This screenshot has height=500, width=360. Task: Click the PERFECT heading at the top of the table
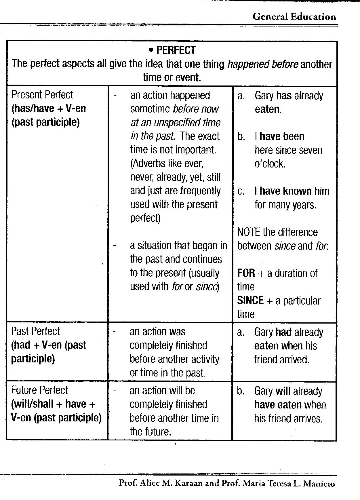[176, 50]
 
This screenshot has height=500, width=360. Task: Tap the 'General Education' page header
[294, 17]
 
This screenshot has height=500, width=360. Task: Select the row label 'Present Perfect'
[42, 95]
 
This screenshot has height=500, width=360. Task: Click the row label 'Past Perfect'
[35, 331]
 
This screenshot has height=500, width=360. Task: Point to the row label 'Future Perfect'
[39, 390]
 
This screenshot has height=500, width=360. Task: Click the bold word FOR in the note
[246, 273]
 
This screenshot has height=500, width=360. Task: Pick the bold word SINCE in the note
[250, 301]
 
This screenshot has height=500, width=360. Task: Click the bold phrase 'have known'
[286, 191]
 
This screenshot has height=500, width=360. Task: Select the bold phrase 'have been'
[282, 136]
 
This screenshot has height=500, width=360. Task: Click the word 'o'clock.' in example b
[270, 164]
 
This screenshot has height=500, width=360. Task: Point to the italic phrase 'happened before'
[262, 64]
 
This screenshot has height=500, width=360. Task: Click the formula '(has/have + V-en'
[49, 109]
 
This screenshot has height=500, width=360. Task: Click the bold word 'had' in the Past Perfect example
[283, 332]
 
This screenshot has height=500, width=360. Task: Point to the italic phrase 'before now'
[196, 109]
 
